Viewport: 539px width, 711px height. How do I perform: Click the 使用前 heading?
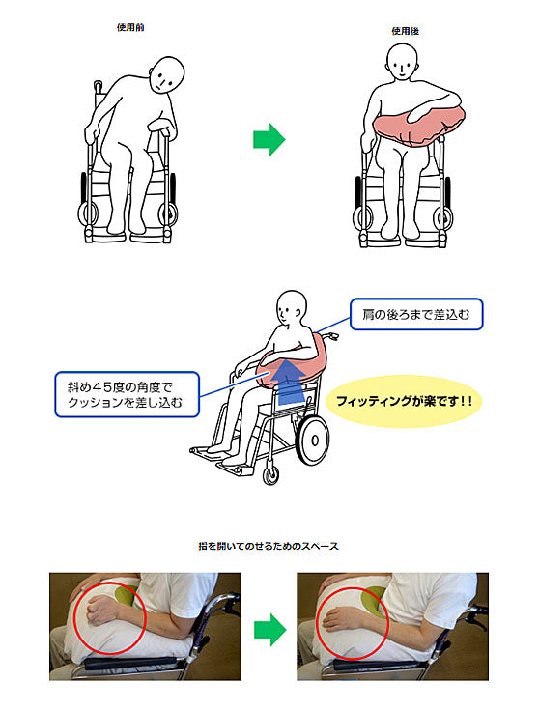coord(130,27)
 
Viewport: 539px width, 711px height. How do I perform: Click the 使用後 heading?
coord(406,31)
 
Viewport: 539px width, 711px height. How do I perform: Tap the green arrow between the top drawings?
coord(269,139)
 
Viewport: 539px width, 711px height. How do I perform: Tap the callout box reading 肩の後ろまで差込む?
coord(416,314)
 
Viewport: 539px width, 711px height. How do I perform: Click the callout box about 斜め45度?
coord(127,394)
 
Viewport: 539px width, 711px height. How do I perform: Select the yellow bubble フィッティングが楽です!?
coord(404,401)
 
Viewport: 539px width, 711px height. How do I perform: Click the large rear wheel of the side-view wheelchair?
coord(312,440)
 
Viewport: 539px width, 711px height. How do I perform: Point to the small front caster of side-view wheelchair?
coord(271,475)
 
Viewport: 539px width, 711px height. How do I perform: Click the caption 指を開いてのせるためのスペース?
coord(269,546)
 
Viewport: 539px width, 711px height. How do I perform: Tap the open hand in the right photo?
coord(340,619)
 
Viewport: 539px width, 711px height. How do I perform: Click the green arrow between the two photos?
coord(269,630)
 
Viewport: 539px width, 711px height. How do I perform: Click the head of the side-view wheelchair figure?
coord(290,307)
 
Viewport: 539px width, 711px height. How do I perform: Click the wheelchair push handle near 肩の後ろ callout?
coord(331,336)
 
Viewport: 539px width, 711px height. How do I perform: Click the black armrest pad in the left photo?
coord(131,663)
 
